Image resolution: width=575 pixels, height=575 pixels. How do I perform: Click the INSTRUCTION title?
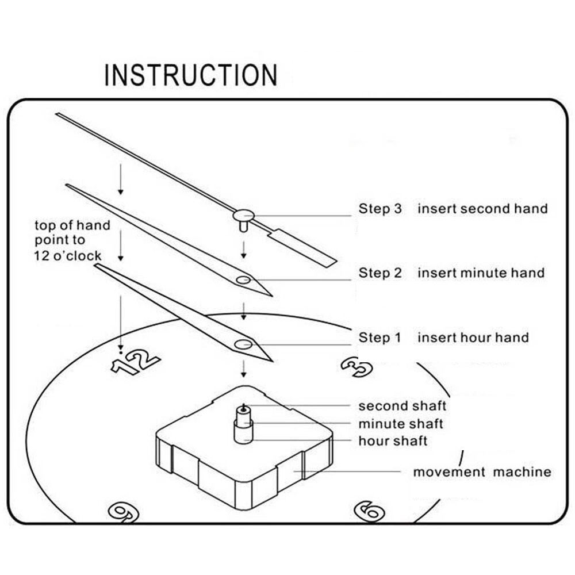click(190, 75)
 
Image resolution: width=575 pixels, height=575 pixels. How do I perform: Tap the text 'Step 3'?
click(380, 208)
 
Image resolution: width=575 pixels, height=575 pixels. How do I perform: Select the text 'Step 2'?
click(380, 273)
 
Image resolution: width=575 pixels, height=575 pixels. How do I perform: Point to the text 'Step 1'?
click(379, 338)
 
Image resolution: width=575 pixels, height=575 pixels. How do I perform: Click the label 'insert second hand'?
click(482, 208)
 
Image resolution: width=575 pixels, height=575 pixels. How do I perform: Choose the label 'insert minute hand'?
click(481, 273)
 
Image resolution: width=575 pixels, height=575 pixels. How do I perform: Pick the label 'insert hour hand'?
click(473, 338)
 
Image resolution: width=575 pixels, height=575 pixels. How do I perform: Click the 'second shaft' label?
click(402, 406)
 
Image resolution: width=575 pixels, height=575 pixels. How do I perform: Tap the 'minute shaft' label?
click(401, 424)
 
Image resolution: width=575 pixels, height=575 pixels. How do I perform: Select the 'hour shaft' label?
click(393, 441)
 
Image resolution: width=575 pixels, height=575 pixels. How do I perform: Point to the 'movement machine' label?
click(482, 472)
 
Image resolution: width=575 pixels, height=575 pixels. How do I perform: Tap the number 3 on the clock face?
click(357, 366)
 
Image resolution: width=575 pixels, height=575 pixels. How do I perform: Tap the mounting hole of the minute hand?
click(243, 280)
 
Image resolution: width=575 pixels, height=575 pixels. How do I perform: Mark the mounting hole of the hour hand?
click(243, 344)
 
